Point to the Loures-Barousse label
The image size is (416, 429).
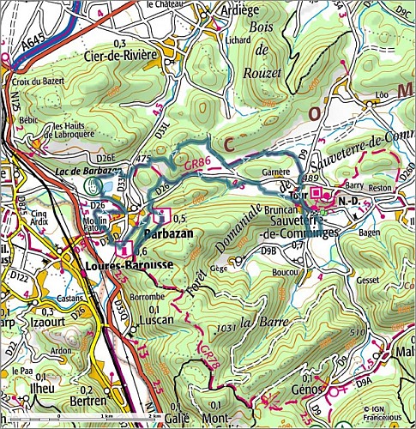(x=124, y=266)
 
